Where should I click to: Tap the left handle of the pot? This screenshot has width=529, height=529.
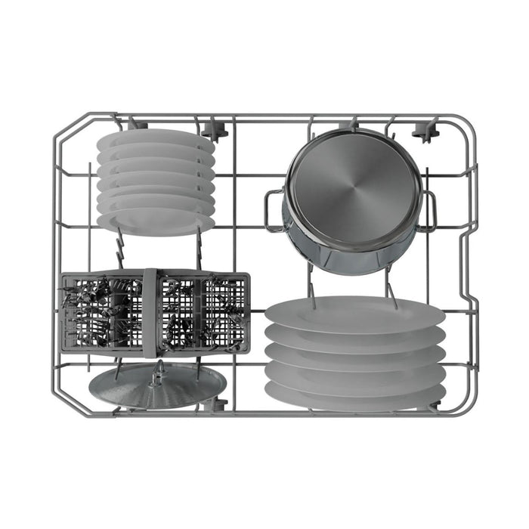(273, 210)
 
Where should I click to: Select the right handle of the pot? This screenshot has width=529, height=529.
(430, 211)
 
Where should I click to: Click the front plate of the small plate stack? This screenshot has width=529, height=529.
(155, 221)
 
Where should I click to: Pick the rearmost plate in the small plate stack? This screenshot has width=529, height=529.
(155, 136)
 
